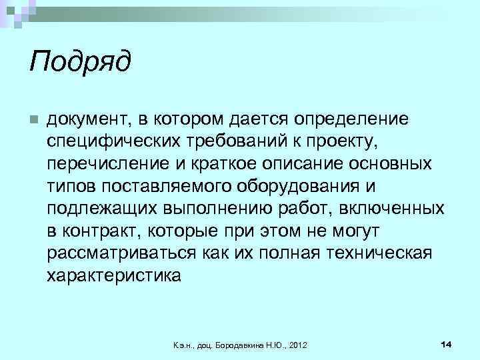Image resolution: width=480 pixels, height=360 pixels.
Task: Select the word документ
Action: click(x=89, y=119)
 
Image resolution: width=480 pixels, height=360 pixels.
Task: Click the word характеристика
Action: click(x=113, y=276)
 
